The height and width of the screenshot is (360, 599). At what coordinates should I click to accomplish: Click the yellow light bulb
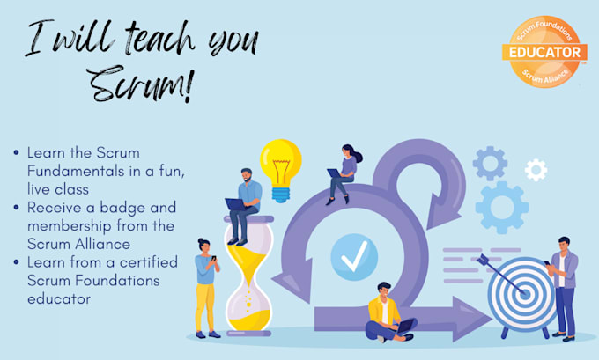tap(280, 165)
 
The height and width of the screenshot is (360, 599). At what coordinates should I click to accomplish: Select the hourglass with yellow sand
tap(248, 276)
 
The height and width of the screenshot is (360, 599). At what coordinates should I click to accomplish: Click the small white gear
tap(536, 169)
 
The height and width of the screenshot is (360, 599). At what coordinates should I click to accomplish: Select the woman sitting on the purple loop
tap(343, 172)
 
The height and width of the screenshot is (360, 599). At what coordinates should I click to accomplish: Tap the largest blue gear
tap(501, 208)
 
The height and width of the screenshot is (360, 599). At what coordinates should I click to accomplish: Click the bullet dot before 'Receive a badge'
tap(17, 208)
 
